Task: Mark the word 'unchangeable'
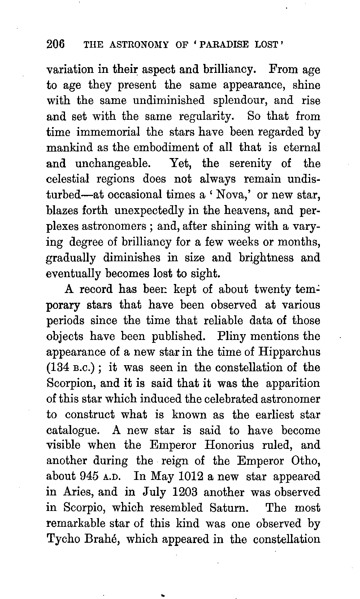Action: pos(112,163)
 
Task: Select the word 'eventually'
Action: pos(74,274)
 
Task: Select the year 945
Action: pos(88,476)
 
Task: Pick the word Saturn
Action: pos(229,508)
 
